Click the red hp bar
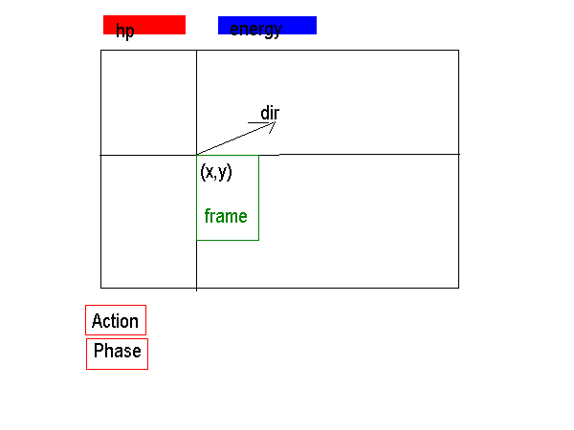pos(144,25)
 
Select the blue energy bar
pos(267,25)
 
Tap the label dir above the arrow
pos(270,113)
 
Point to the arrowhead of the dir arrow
pos(275,122)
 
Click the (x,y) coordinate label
pos(216,172)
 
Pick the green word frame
pos(226,216)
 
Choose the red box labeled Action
pos(116,320)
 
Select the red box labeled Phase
pos(117,354)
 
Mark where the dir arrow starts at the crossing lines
pos(197,155)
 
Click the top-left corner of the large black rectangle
pos(101,51)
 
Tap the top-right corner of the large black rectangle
pos(458,51)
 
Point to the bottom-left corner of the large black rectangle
pos(101,288)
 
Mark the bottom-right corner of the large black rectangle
pos(458,288)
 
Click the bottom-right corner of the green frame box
pos(259,240)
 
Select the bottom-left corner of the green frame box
pos(197,240)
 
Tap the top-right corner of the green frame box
pos(259,156)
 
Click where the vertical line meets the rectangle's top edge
pos(196,51)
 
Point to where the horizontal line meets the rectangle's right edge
pos(458,154)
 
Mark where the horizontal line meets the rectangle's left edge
pos(101,155)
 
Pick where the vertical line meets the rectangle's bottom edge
pos(196,288)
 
